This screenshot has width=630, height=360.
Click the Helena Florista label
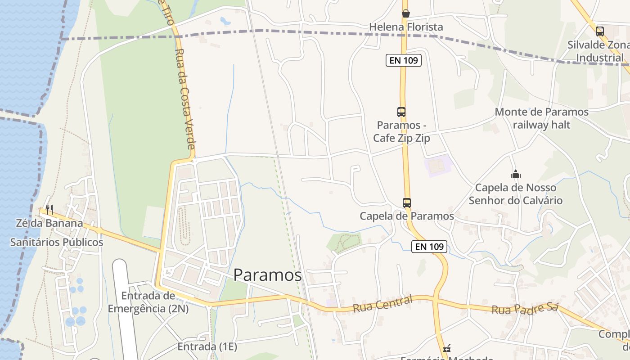[x=406, y=27]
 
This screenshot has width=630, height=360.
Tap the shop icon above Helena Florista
[x=406, y=13]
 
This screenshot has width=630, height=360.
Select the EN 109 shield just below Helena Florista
[x=404, y=60]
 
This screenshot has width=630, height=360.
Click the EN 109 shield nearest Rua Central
[x=429, y=246]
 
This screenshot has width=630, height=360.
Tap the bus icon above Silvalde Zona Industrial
[x=599, y=31]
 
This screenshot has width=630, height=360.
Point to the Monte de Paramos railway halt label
[x=541, y=118]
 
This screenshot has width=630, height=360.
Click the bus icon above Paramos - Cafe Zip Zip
[x=401, y=112]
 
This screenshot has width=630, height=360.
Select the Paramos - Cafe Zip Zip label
[x=401, y=131]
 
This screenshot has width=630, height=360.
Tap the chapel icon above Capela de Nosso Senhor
[x=515, y=174]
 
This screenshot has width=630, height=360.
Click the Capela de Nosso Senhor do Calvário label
[x=516, y=194]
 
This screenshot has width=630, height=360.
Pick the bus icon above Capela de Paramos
[x=407, y=203]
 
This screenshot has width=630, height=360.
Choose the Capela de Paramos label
[x=407, y=216]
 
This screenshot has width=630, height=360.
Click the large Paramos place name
[x=267, y=275]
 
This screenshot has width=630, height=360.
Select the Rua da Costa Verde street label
[x=184, y=99]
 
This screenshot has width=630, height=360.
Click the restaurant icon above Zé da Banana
[x=49, y=210]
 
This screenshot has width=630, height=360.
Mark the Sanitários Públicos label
[x=57, y=242]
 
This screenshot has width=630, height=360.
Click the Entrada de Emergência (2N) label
[x=148, y=302]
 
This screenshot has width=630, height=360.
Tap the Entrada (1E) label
[x=207, y=346]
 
